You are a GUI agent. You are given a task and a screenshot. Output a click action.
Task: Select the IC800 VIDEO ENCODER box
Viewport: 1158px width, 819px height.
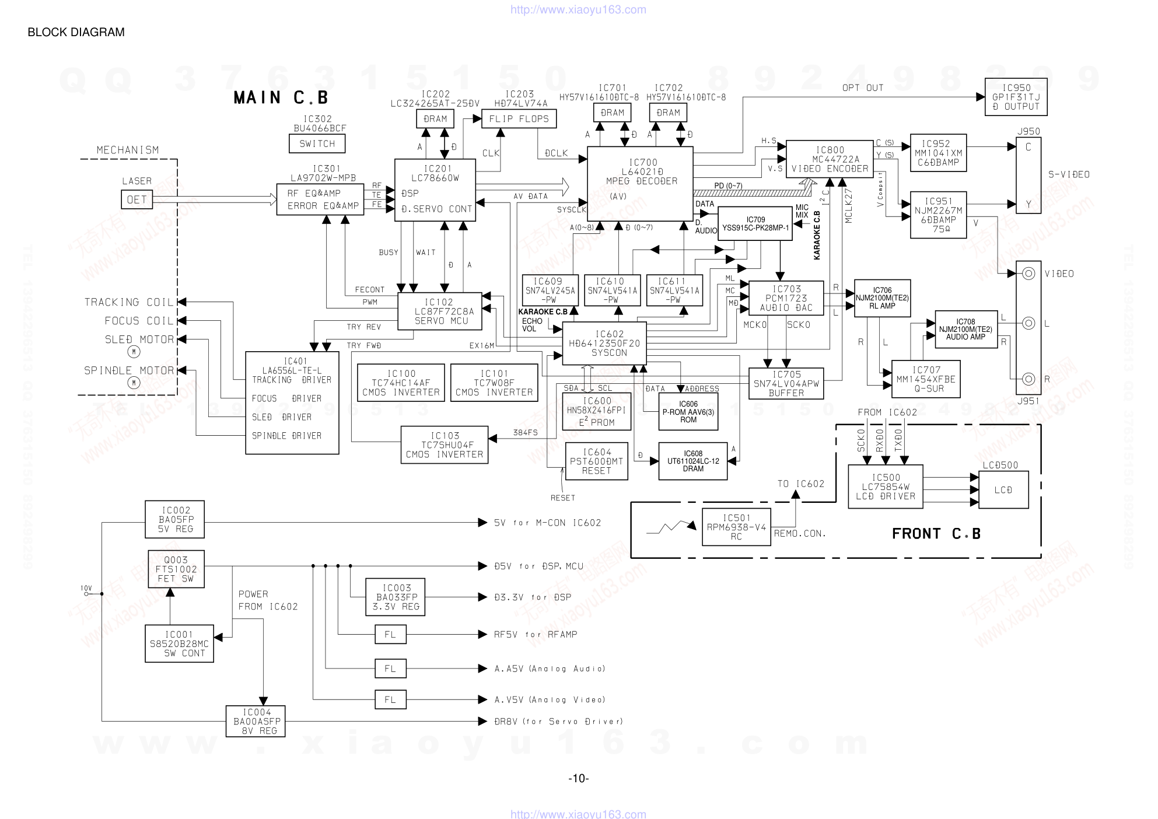point(830,159)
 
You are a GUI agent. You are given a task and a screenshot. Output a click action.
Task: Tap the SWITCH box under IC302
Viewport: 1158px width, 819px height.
point(317,143)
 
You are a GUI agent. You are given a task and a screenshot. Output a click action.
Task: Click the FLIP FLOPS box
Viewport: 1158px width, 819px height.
point(519,119)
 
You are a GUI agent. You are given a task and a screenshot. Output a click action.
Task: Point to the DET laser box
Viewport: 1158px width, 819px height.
point(137,199)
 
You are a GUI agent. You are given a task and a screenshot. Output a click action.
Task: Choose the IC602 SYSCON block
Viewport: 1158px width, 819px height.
point(604,344)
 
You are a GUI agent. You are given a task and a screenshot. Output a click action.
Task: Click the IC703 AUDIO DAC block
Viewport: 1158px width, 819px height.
point(786,298)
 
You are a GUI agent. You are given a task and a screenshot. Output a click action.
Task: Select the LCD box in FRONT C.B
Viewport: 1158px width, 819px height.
point(1003,490)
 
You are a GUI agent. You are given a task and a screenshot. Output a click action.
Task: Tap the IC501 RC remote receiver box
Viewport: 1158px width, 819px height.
point(736,527)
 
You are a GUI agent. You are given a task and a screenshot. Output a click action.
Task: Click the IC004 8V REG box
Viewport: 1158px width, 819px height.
point(256,721)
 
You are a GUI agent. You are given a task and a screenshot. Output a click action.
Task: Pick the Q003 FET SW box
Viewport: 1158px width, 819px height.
point(176,569)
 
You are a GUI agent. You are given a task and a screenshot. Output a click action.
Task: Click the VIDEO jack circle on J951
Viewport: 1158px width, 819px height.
point(1028,274)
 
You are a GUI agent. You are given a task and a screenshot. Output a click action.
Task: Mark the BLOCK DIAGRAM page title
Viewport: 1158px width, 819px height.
point(76,32)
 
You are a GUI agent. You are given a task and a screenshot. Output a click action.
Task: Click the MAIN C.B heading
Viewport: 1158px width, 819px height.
point(281,97)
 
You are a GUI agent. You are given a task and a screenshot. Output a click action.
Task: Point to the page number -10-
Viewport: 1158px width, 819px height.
point(579,778)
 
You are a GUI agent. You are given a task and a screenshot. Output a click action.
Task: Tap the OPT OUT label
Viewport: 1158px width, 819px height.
point(862,88)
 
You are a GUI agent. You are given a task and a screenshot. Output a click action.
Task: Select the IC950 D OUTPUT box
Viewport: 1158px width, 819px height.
point(1016,97)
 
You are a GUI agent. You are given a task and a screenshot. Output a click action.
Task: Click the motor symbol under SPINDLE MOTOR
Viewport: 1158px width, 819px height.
point(134,383)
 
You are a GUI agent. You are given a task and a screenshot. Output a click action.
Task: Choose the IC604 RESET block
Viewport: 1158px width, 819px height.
point(596,461)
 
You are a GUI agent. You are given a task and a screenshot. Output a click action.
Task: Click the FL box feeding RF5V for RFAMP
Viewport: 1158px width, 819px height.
point(390,634)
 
